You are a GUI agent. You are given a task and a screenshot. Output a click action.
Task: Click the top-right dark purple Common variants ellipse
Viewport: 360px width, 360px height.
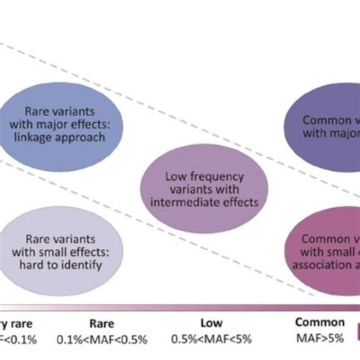pos(323,125)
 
